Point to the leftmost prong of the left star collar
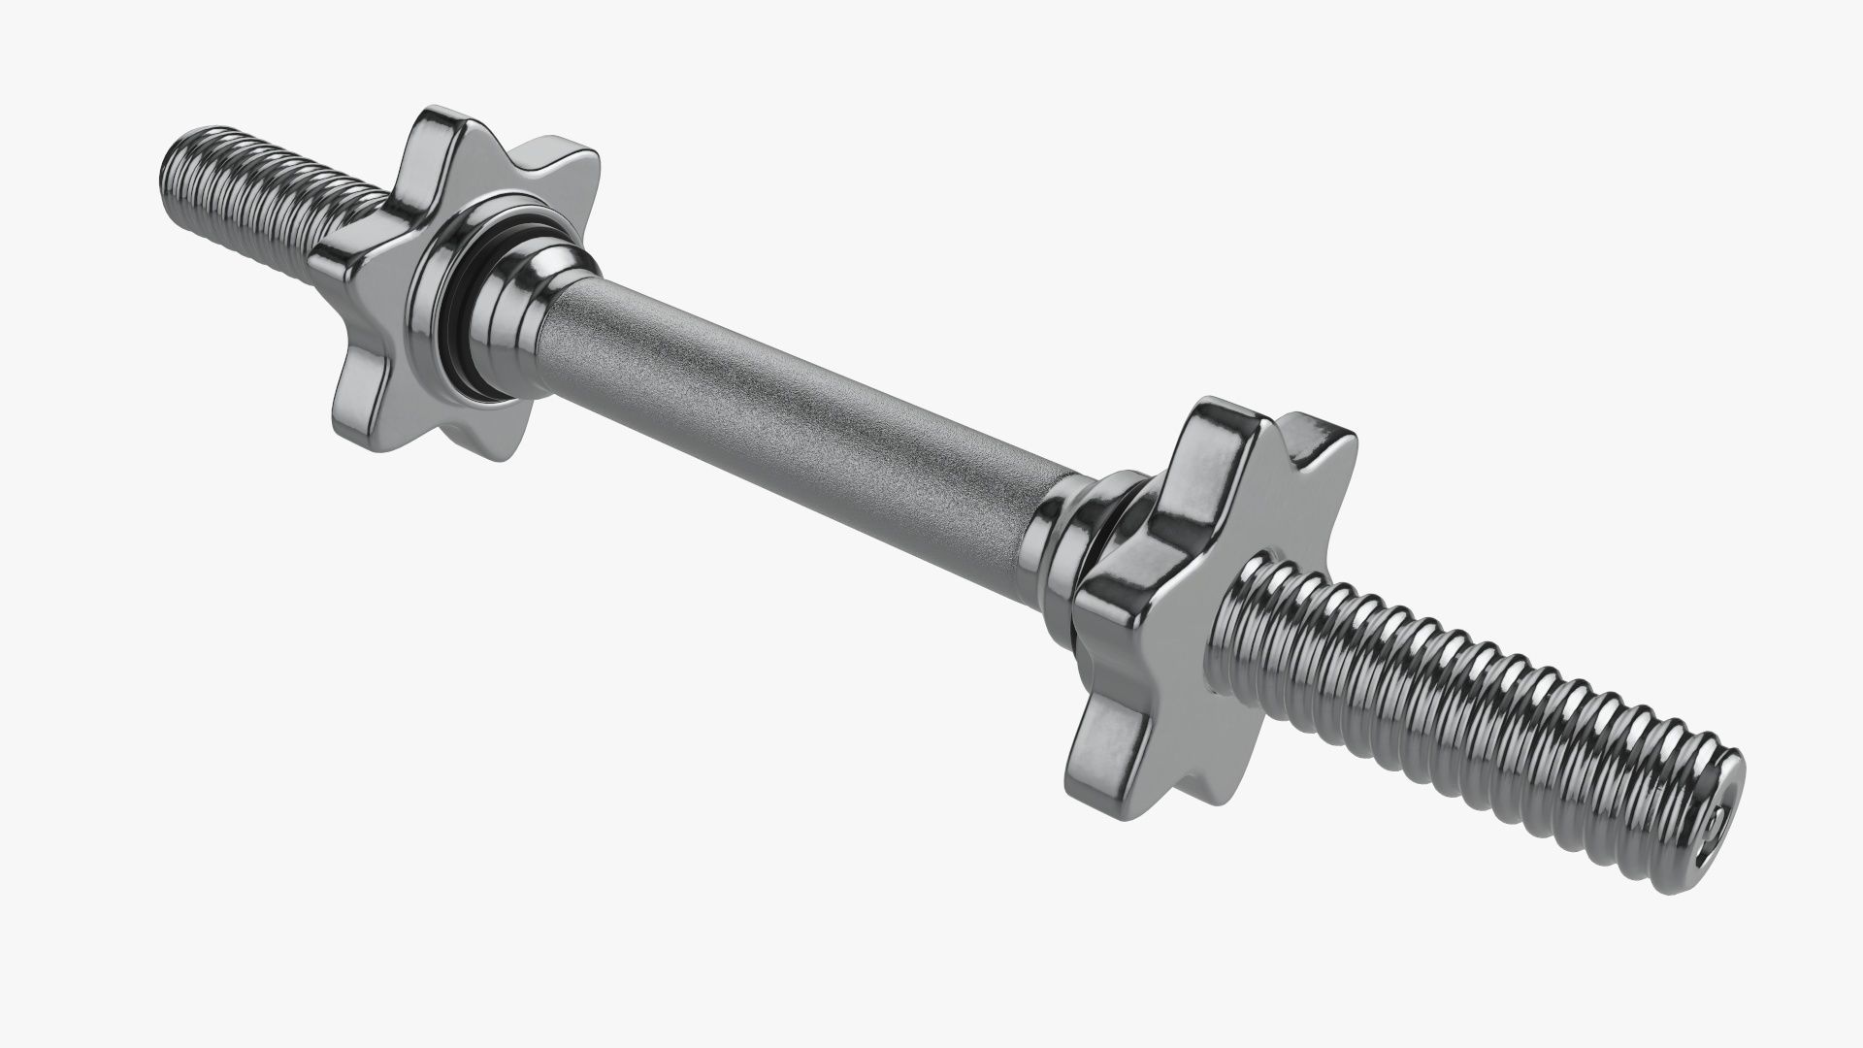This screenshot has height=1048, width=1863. coord(340,272)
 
